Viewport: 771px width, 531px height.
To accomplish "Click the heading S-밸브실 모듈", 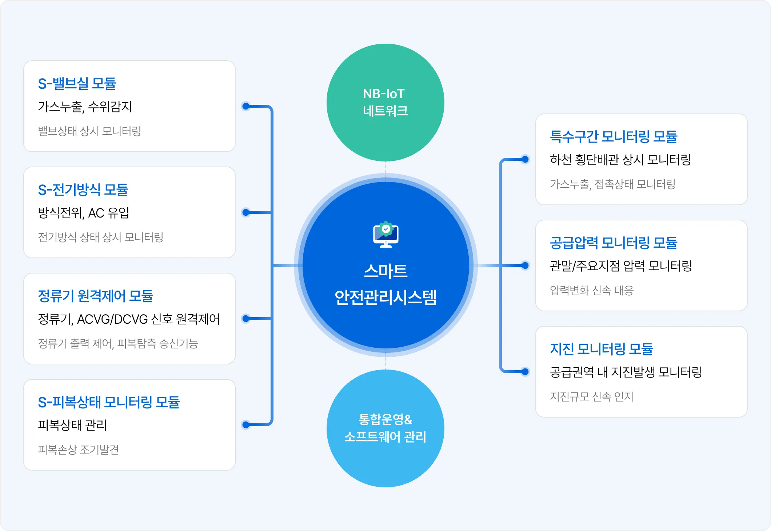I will (77, 84).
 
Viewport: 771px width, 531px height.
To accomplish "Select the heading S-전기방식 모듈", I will (83, 190).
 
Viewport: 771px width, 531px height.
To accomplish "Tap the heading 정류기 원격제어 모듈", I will (95, 296).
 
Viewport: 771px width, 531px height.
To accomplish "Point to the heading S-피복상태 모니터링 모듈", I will (109, 402).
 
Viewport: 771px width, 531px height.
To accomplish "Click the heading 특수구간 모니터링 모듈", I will (614, 137).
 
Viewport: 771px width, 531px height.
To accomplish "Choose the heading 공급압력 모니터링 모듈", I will (614, 243).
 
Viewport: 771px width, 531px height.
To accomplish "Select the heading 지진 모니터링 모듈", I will (602, 349).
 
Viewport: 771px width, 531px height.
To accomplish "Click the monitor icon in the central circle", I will (385, 235).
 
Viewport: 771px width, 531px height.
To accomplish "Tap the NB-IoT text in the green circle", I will (384, 94).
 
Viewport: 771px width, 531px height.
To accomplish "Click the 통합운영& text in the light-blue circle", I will (385, 419).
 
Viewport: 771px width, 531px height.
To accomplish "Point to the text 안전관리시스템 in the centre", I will (385, 298).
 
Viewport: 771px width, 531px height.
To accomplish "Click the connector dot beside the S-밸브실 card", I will (246, 106).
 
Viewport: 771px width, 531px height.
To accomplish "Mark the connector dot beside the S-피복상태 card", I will (246, 424).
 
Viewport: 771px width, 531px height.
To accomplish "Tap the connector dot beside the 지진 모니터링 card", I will (525, 372).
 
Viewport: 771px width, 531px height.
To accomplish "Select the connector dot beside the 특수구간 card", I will (525, 159).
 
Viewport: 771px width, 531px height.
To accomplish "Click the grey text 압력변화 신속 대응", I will (592, 291).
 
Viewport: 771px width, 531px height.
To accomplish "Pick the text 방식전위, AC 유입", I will (84, 213).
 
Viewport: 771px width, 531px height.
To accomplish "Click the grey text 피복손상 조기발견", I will (79, 450).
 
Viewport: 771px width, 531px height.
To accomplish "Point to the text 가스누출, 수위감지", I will (85, 107).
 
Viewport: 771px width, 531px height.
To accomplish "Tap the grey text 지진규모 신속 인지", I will (592, 397).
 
